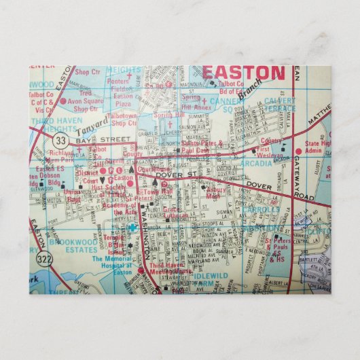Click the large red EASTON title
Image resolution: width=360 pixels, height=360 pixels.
click(x=243, y=73)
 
